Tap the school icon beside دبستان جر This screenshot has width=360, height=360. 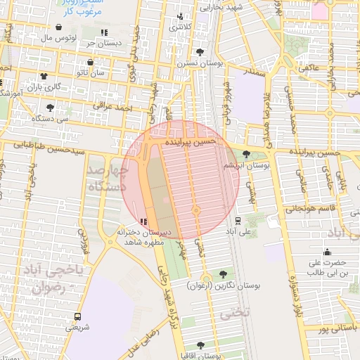(x=104, y=32)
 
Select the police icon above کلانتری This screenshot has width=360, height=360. (x=181, y=15)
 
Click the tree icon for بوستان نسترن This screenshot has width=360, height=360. (x=200, y=52)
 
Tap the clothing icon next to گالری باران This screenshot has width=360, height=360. (x=44, y=76)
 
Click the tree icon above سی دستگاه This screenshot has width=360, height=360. (x=50, y=108)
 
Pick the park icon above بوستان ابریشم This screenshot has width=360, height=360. (x=245, y=155)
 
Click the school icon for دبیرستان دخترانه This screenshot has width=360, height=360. (x=143, y=222)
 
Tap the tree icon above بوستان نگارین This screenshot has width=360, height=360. (x=223, y=274)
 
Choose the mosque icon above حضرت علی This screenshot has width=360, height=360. (x=326, y=252)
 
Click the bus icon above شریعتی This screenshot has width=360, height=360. (x=77, y=316)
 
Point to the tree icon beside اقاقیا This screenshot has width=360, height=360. (x=200, y=345)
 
